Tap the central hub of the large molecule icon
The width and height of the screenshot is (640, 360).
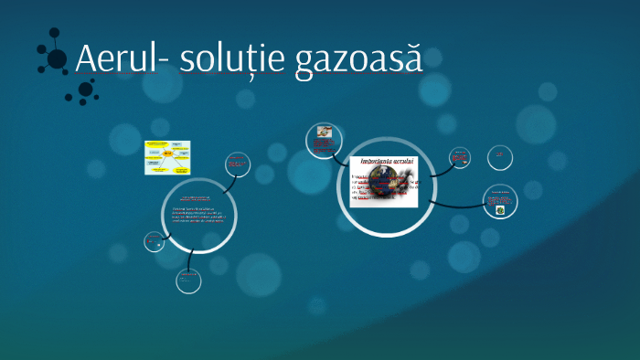(57, 58)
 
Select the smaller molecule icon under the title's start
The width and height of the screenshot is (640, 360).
(84, 90)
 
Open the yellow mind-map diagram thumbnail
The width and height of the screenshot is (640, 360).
(167, 157)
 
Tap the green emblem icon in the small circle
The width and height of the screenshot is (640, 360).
(499, 210)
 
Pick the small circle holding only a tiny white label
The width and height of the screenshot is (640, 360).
(500, 157)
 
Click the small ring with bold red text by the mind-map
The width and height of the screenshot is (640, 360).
(238, 164)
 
